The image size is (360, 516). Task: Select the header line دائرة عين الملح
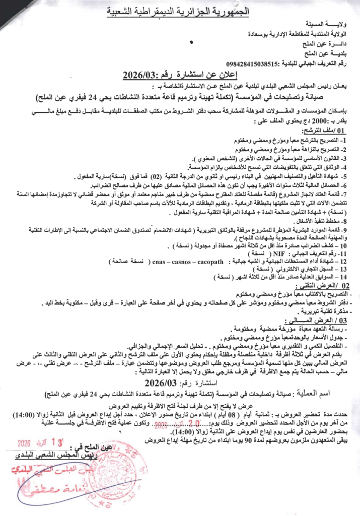coord(324,44)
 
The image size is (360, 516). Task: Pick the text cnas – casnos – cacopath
coord(186,262)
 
